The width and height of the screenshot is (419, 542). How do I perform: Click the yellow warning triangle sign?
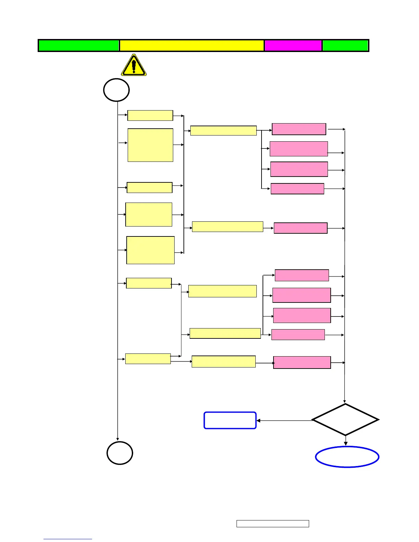point(134,65)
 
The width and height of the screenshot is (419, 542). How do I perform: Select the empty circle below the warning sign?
point(116,90)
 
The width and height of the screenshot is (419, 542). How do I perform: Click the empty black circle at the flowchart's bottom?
point(120,453)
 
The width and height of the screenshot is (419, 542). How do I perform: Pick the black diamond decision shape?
point(345,420)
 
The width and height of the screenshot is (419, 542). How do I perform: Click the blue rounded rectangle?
point(230,420)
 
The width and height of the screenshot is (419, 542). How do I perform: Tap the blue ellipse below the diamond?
point(347,457)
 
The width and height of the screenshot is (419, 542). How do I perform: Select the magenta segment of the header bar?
point(293,46)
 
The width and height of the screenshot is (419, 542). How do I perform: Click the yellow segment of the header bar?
point(192,46)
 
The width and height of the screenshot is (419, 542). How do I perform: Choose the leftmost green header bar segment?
point(79,46)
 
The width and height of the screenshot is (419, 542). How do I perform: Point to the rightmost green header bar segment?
point(345,46)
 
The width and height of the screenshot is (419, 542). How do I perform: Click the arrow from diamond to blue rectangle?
point(284,421)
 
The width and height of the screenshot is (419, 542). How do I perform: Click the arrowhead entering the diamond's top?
point(345,401)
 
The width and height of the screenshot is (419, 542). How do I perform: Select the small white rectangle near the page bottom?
point(272,524)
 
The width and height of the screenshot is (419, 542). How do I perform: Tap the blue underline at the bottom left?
point(68,539)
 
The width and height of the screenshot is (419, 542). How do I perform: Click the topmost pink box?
point(299,129)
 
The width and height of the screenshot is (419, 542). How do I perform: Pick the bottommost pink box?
point(302,362)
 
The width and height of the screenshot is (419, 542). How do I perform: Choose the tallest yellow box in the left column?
point(150,145)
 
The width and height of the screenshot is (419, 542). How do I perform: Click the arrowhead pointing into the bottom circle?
point(118,439)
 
